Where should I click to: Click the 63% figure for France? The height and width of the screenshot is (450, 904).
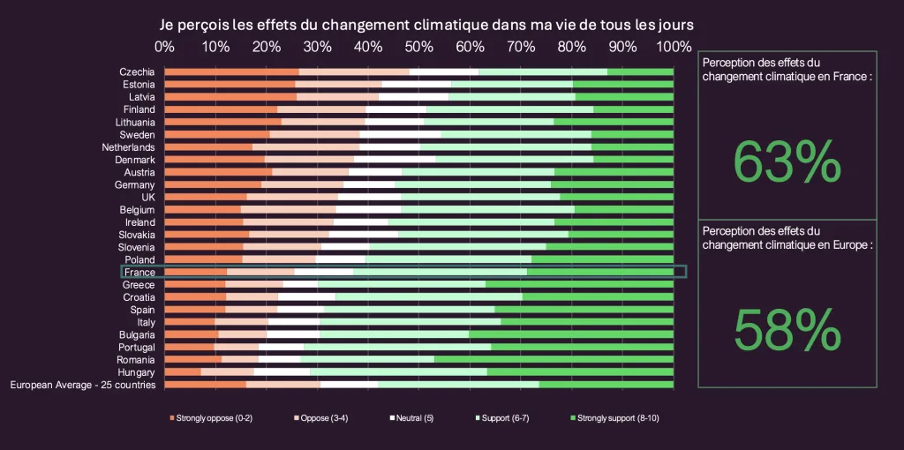pos(787,163)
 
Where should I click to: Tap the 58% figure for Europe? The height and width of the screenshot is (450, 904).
pos(787,330)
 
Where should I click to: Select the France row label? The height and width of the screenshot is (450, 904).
pos(139,273)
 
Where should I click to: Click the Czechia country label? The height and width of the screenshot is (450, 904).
pos(137,71)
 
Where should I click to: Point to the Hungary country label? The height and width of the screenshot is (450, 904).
pos(136,372)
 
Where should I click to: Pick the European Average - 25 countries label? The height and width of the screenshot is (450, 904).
pos(82,385)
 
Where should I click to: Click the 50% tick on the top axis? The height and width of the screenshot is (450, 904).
pos(419,46)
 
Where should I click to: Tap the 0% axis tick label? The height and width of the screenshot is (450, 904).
pos(164,46)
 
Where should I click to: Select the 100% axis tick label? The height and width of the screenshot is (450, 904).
pos(675,46)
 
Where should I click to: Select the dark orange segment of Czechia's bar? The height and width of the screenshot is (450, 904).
pos(231,71)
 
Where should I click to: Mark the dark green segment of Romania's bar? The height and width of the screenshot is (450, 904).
pos(554,360)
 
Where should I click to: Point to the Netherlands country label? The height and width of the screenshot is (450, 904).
pos(128,147)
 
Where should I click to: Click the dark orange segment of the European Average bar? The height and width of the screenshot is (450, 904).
pos(206,385)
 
